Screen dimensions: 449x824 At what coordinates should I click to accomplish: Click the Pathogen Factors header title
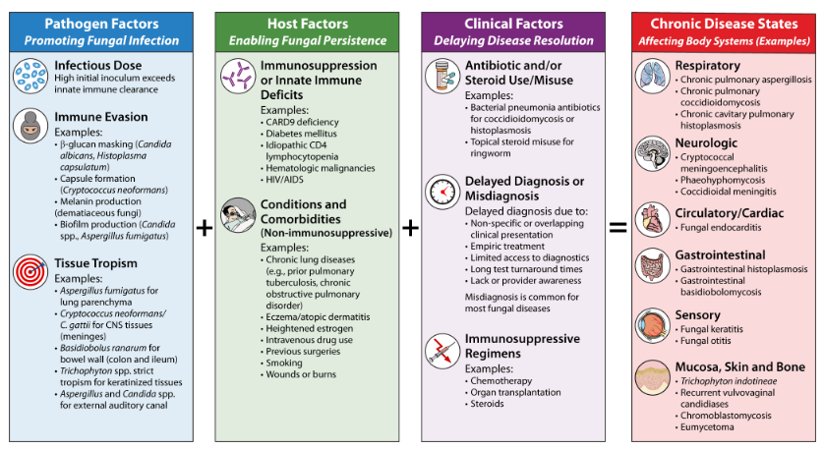click(101, 22)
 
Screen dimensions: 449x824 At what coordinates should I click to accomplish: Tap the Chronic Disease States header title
click(722, 22)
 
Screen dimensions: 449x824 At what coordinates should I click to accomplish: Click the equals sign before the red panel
click(618, 228)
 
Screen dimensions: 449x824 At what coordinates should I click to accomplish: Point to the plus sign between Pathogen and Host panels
click(205, 228)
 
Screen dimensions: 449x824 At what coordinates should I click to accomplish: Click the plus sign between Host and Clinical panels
click(411, 228)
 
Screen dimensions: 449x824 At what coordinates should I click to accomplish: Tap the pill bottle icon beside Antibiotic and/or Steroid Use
click(441, 76)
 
